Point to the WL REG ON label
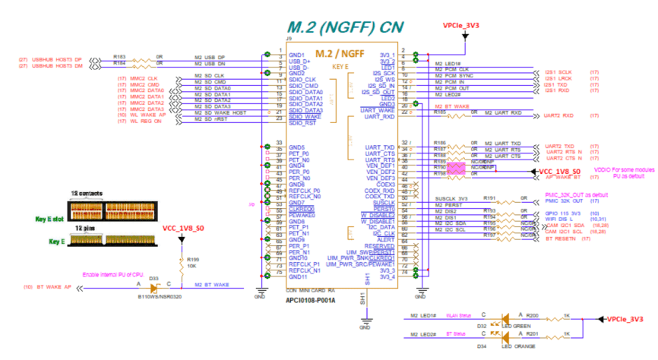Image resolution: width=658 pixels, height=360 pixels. (147, 120)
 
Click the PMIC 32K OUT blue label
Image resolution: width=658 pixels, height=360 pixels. (564, 201)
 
